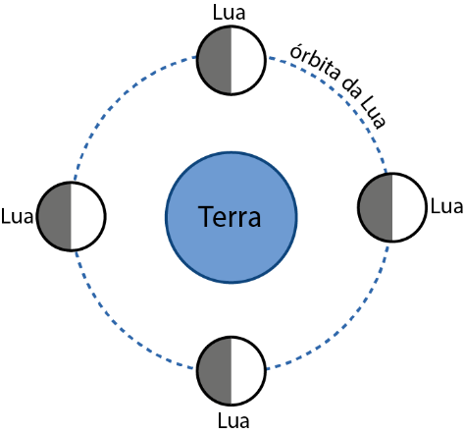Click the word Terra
[x=230, y=216]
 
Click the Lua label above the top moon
[x=229, y=13]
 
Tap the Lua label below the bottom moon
[x=233, y=420]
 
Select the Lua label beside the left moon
[x=17, y=216]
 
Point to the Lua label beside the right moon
[x=446, y=206]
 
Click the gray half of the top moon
[x=215, y=61]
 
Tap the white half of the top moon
[x=247, y=61]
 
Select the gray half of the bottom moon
[x=215, y=371]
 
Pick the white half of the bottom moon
[x=247, y=371]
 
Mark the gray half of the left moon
[x=55, y=216]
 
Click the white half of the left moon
[x=87, y=216]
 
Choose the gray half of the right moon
[x=376, y=207]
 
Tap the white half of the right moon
[x=408, y=207]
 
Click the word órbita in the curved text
[x=315, y=62]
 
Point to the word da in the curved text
[x=351, y=88]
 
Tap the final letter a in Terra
[x=254, y=219]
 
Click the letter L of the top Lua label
[x=217, y=13]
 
